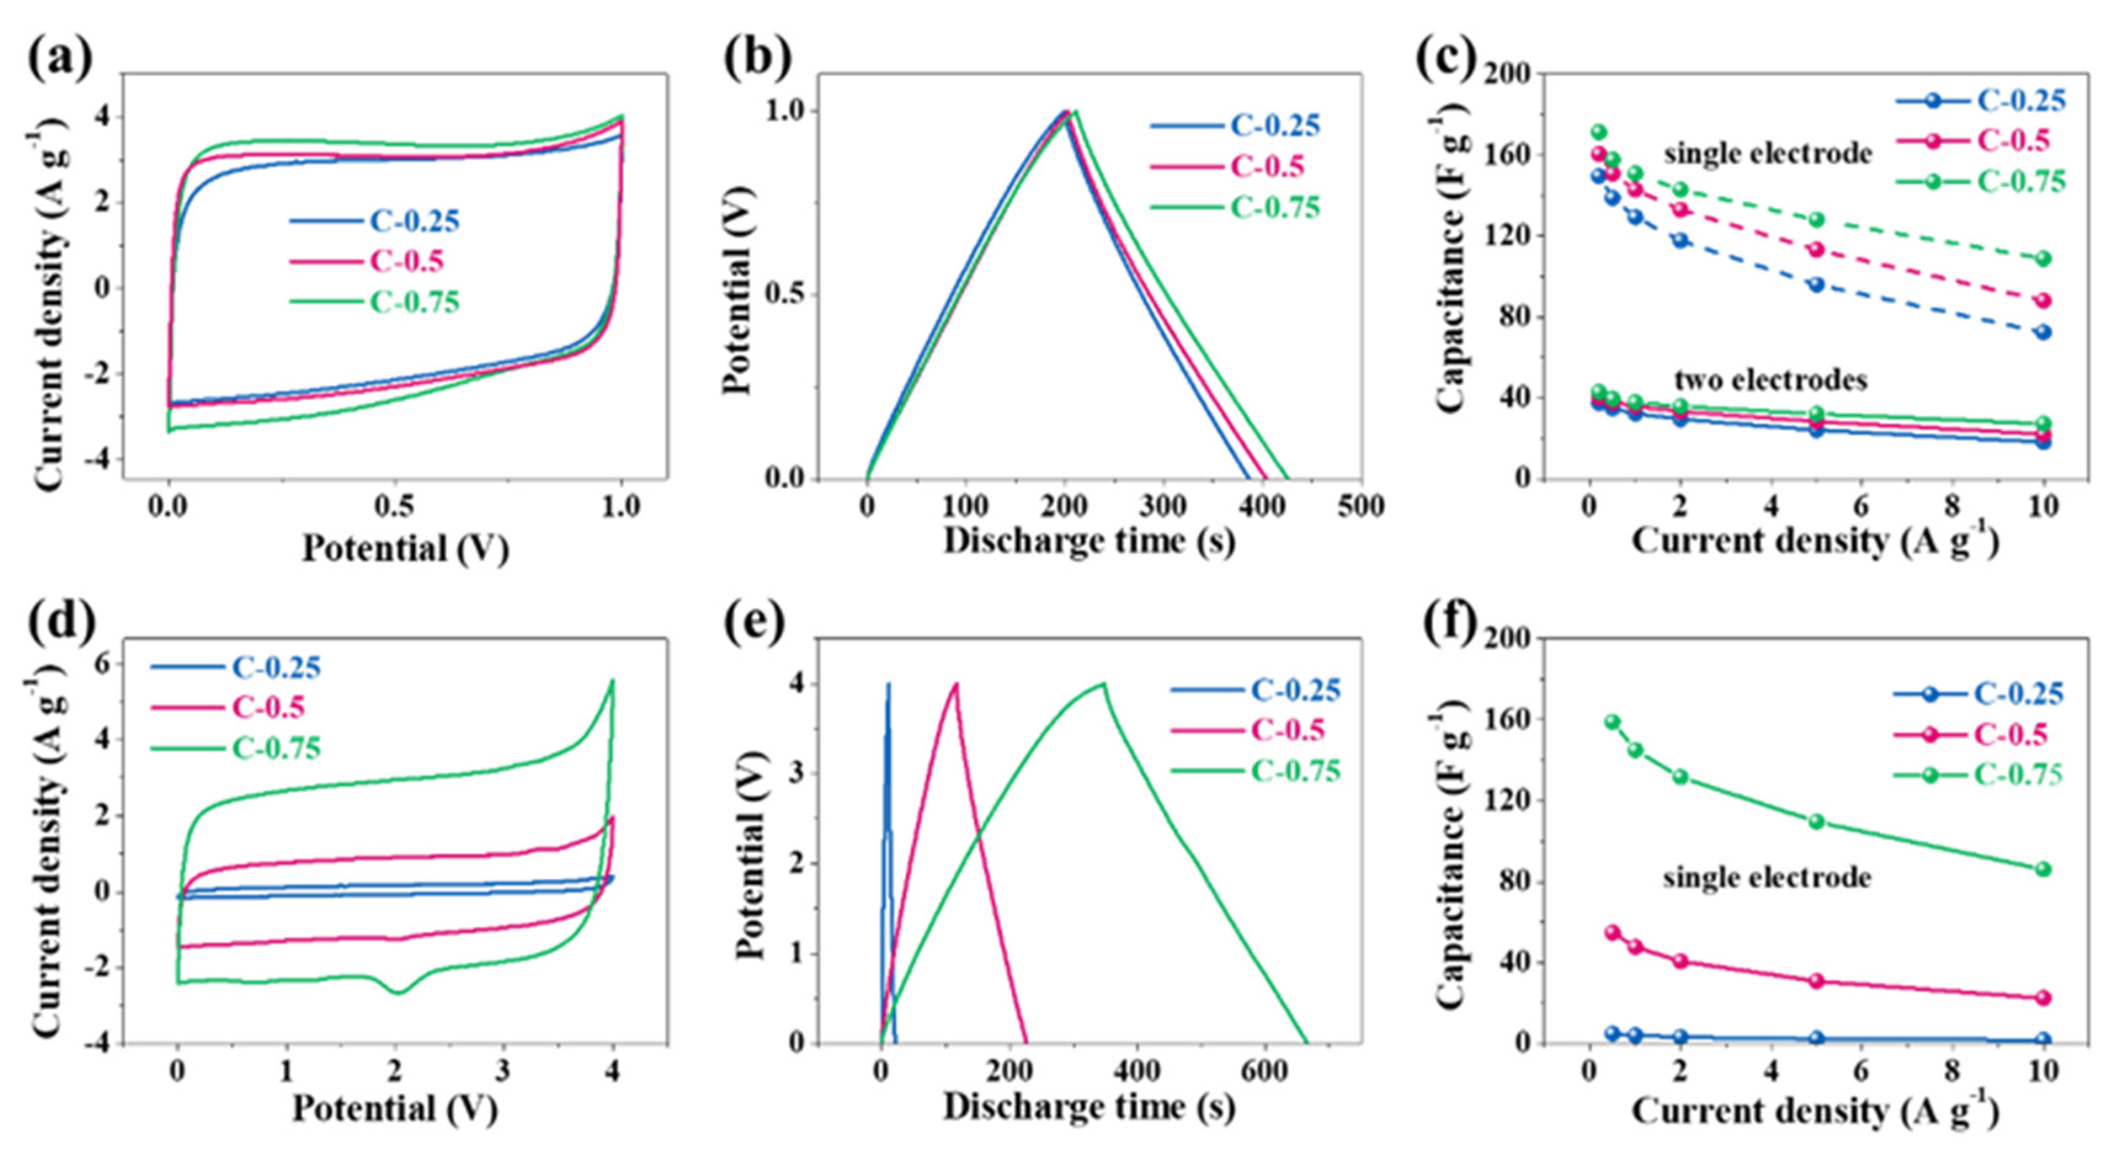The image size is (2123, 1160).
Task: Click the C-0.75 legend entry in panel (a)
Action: (x=414, y=302)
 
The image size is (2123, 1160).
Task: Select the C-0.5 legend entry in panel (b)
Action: (x=1267, y=167)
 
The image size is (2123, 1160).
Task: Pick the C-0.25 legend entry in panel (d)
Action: (x=275, y=667)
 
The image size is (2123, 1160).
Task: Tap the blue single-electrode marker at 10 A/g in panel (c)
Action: (x=2042, y=332)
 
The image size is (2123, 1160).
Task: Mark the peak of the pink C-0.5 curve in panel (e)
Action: (x=956, y=683)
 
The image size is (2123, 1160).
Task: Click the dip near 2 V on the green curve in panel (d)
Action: (x=398, y=992)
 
